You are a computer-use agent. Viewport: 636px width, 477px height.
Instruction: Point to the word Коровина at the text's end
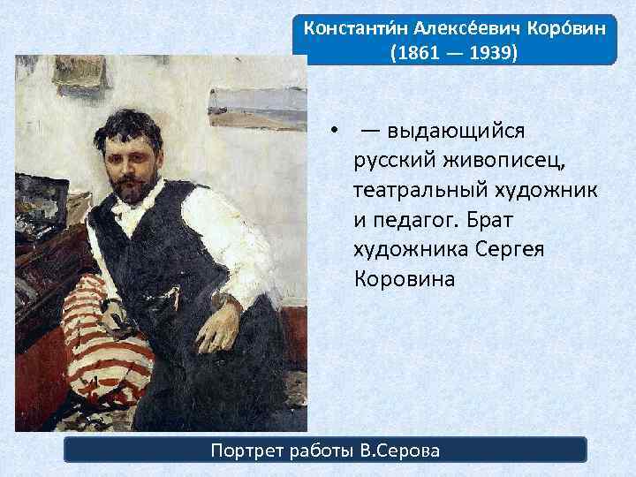[x=404, y=279]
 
